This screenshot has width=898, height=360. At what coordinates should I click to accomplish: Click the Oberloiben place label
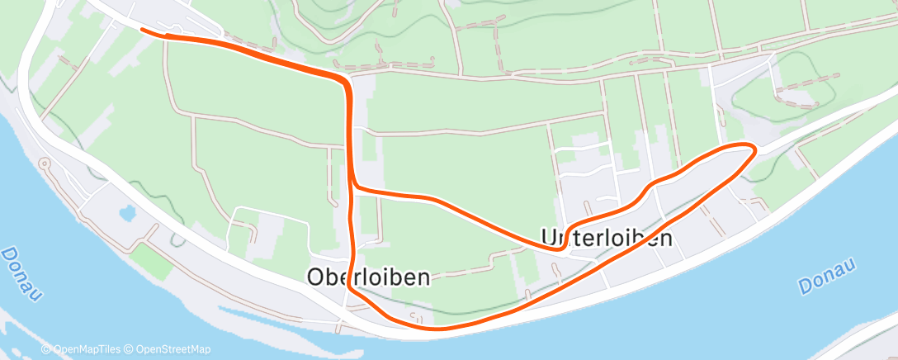pyautogui.click(x=368, y=277)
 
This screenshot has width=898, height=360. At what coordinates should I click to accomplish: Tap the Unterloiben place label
pyautogui.click(x=606, y=238)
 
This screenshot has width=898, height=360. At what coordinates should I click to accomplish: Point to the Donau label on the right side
pyautogui.click(x=829, y=275)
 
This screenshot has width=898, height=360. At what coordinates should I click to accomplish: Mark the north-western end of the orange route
pyautogui.click(x=143, y=30)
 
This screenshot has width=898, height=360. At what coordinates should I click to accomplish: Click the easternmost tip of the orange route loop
pyautogui.click(x=754, y=149)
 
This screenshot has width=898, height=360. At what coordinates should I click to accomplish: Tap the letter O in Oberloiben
pyautogui.click(x=316, y=277)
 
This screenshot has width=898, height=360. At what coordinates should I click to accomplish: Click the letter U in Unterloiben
pyautogui.click(x=549, y=238)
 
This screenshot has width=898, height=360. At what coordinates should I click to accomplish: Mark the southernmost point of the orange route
pyautogui.click(x=437, y=329)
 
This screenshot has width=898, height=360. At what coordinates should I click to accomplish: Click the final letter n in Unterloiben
pyautogui.click(x=664, y=239)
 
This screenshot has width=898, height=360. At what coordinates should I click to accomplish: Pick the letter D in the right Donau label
pyautogui.click(x=804, y=287)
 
